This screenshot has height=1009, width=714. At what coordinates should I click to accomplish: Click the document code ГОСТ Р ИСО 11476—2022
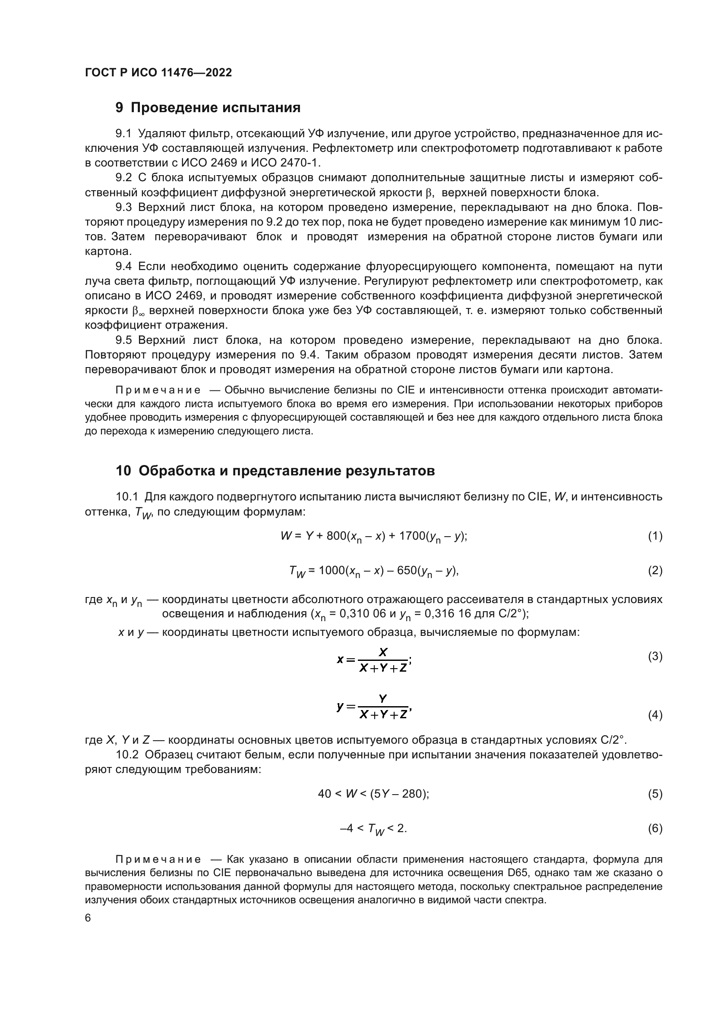pyautogui.click(x=158, y=73)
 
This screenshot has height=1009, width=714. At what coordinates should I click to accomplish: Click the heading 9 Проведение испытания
pyautogui.click(x=208, y=108)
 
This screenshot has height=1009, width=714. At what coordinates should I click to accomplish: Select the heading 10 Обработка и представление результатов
pyautogui.click(x=275, y=471)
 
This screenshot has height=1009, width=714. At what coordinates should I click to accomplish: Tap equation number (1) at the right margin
pyautogui.click(x=655, y=536)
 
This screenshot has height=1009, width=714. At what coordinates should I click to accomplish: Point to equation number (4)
pyautogui.click(x=655, y=715)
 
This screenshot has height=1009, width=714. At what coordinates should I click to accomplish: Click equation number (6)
pyautogui.click(x=655, y=828)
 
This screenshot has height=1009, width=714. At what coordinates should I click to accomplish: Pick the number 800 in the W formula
pyautogui.click(x=336, y=536)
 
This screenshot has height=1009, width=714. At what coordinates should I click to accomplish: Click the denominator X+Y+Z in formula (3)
pyautogui.click(x=383, y=668)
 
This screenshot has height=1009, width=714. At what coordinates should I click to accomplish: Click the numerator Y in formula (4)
pyautogui.click(x=383, y=698)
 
